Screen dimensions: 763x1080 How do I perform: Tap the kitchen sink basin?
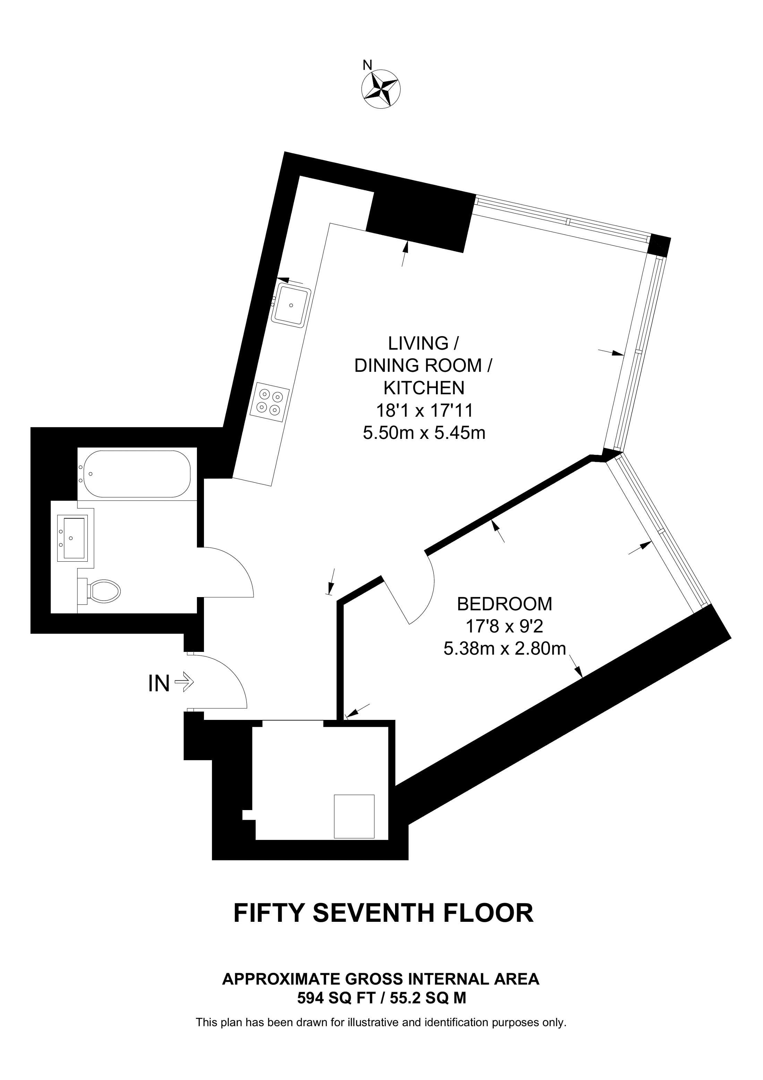291,305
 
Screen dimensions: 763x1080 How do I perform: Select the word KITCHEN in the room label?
424,388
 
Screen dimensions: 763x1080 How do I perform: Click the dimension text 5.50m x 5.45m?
424,432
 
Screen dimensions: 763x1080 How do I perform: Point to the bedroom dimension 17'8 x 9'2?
504,626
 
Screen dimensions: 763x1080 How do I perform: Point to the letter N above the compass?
367,65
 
